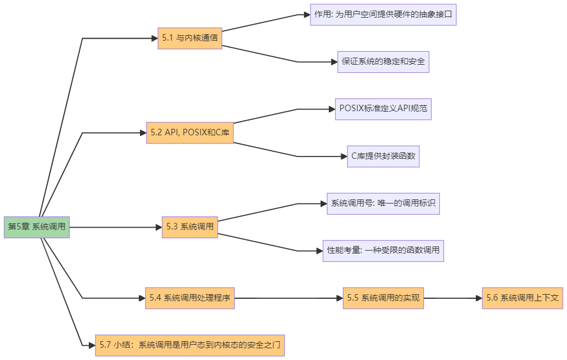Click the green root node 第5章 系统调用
click(36, 226)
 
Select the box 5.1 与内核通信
click(190, 38)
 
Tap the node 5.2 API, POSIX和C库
click(190, 133)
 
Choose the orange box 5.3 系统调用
click(190, 226)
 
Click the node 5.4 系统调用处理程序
click(190, 298)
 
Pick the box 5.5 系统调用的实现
click(383, 298)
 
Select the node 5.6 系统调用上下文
click(522, 298)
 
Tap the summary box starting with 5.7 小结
click(190, 345)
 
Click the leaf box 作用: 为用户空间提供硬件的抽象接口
click(383, 14)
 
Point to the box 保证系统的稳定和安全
click(383, 61)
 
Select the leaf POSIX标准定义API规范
click(383, 109)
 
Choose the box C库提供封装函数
click(383, 156)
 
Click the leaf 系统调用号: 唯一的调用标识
click(383, 204)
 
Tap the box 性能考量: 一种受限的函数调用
click(383, 251)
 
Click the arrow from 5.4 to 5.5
click(288, 298)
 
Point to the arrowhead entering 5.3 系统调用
click(158, 226)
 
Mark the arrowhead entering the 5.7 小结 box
click(91, 345)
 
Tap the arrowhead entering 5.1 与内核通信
click(154, 38)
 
